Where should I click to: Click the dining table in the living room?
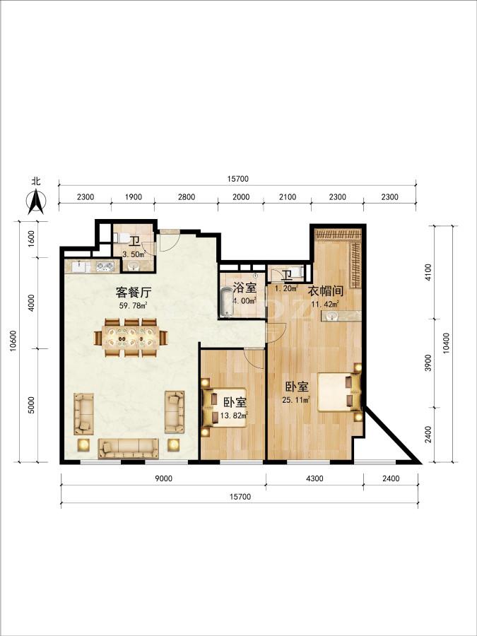pos(131,338)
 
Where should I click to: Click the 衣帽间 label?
pos(326,291)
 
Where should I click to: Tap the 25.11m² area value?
pos(296,400)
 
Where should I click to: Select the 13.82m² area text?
pos(234,415)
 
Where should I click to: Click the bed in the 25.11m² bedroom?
pos(339,392)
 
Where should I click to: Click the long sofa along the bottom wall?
pos(128,448)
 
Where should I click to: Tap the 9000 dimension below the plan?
pos(164,478)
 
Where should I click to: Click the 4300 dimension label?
pos(314,478)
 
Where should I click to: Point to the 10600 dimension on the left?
pos(13,341)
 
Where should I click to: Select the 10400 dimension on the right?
pos(446,343)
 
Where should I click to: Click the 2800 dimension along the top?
pos(187,197)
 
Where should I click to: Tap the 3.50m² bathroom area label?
pos(134,254)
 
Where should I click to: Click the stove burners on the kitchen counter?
pos(105,266)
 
